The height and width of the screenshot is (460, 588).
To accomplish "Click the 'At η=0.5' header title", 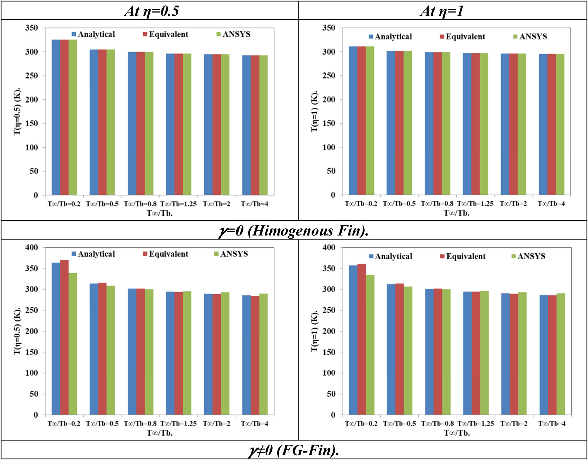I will tap(152, 11).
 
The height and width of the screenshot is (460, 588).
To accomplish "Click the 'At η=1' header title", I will tap(442, 11).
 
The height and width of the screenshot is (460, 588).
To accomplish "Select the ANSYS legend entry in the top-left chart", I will tap(233, 34).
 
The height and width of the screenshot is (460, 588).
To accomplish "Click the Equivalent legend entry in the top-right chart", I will tap(462, 37).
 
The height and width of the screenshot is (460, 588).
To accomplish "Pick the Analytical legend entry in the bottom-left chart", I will tap(93, 254).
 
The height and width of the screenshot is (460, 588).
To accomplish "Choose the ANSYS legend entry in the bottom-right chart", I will tap(528, 256).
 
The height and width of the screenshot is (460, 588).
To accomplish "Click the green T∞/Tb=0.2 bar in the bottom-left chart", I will tap(73, 344).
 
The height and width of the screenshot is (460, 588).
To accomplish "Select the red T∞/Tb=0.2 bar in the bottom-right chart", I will tap(362, 339).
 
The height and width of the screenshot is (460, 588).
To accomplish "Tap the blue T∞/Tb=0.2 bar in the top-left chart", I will tap(56, 118).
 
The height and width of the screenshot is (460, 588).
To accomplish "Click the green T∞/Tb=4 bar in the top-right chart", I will tap(560, 125).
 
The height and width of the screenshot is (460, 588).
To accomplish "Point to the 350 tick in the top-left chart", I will tap(32, 28).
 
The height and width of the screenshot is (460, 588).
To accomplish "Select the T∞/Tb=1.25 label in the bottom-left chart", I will tap(178, 424).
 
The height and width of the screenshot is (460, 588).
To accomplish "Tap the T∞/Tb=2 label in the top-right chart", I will tap(513, 204).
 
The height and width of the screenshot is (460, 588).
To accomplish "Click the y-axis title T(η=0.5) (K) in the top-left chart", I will tap(17, 111).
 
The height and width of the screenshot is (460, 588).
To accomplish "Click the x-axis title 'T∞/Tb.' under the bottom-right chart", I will tap(457, 433).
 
